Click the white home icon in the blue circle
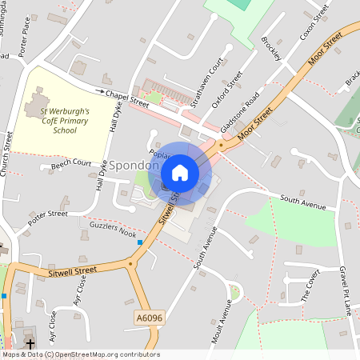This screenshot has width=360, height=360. coord(180,173)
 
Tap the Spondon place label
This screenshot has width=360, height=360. coord(134,166)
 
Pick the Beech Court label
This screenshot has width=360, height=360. coord(71,165)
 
